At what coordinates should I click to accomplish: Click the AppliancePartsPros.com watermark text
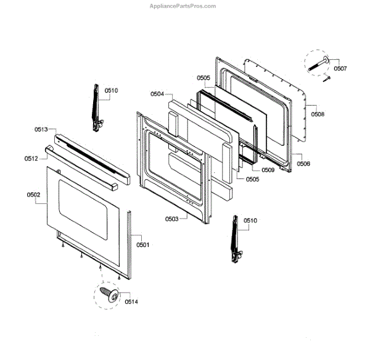tap(183, 6)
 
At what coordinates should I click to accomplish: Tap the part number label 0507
tap(340, 68)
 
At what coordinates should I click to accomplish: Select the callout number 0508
tap(318, 114)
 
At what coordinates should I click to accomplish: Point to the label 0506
tap(303, 164)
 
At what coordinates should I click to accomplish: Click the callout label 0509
tap(268, 169)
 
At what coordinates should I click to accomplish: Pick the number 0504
tap(157, 94)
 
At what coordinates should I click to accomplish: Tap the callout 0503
tap(172, 219)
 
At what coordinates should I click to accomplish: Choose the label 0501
tap(143, 245)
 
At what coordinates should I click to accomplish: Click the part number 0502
tap(33, 195)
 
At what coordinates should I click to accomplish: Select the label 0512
tap(31, 159)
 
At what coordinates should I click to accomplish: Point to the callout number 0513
tap(41, 130)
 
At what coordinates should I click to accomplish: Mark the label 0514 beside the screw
tap(131, 302)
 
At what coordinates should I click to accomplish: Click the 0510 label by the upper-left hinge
tap(111, 91)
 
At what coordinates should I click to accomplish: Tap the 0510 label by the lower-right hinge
tap(250, 220)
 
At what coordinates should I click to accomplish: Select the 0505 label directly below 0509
tap(252, 179)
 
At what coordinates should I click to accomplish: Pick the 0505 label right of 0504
tap(203, 78)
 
